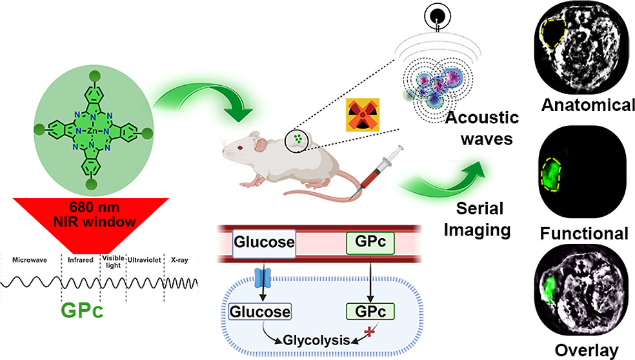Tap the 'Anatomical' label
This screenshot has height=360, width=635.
point(588,105)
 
